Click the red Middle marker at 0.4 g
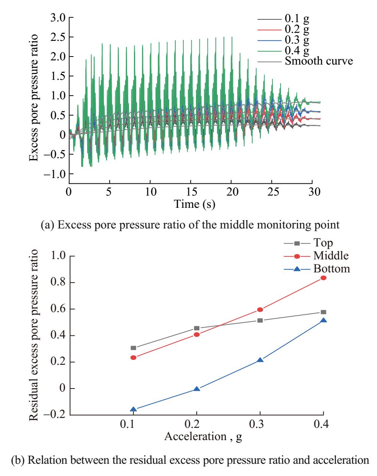(x=323, y=278)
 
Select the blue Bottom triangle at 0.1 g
(x=133, y=409)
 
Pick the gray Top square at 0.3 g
(x=260, y=320)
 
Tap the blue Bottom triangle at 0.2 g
(x=197, y=389)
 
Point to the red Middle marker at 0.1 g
(x=133, y=358)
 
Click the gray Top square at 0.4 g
(x=323, y=312)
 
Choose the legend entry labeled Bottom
(x=331, y=269)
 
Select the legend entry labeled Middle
(x=331, y=256)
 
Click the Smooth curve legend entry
(x=318, y=61)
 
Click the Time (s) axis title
(x=195, y=204)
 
